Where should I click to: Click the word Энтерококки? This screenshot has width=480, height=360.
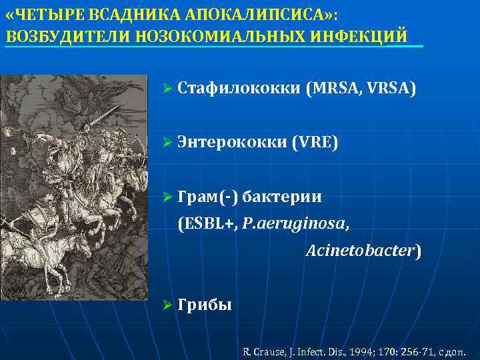[x=232, y=142]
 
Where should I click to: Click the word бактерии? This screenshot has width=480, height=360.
[x=282, y=197]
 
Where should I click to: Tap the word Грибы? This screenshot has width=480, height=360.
[x=205, y=305]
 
